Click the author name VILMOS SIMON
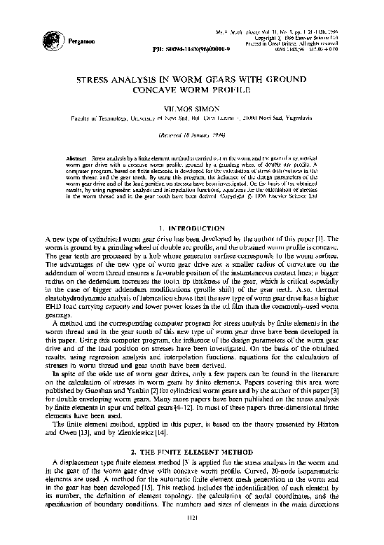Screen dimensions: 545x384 coord(191,109)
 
